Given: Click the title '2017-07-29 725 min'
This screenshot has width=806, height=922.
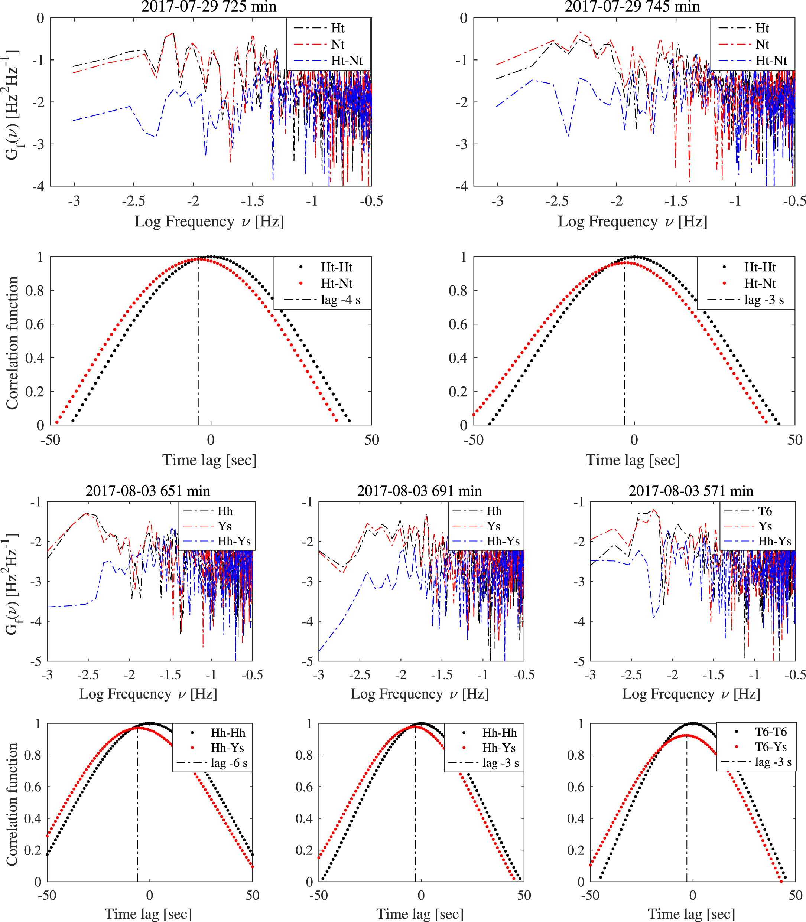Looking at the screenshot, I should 209,7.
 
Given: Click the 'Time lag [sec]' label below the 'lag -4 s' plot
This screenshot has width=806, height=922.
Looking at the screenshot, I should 209,460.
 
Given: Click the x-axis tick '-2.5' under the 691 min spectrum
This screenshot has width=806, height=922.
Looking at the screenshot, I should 360,675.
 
